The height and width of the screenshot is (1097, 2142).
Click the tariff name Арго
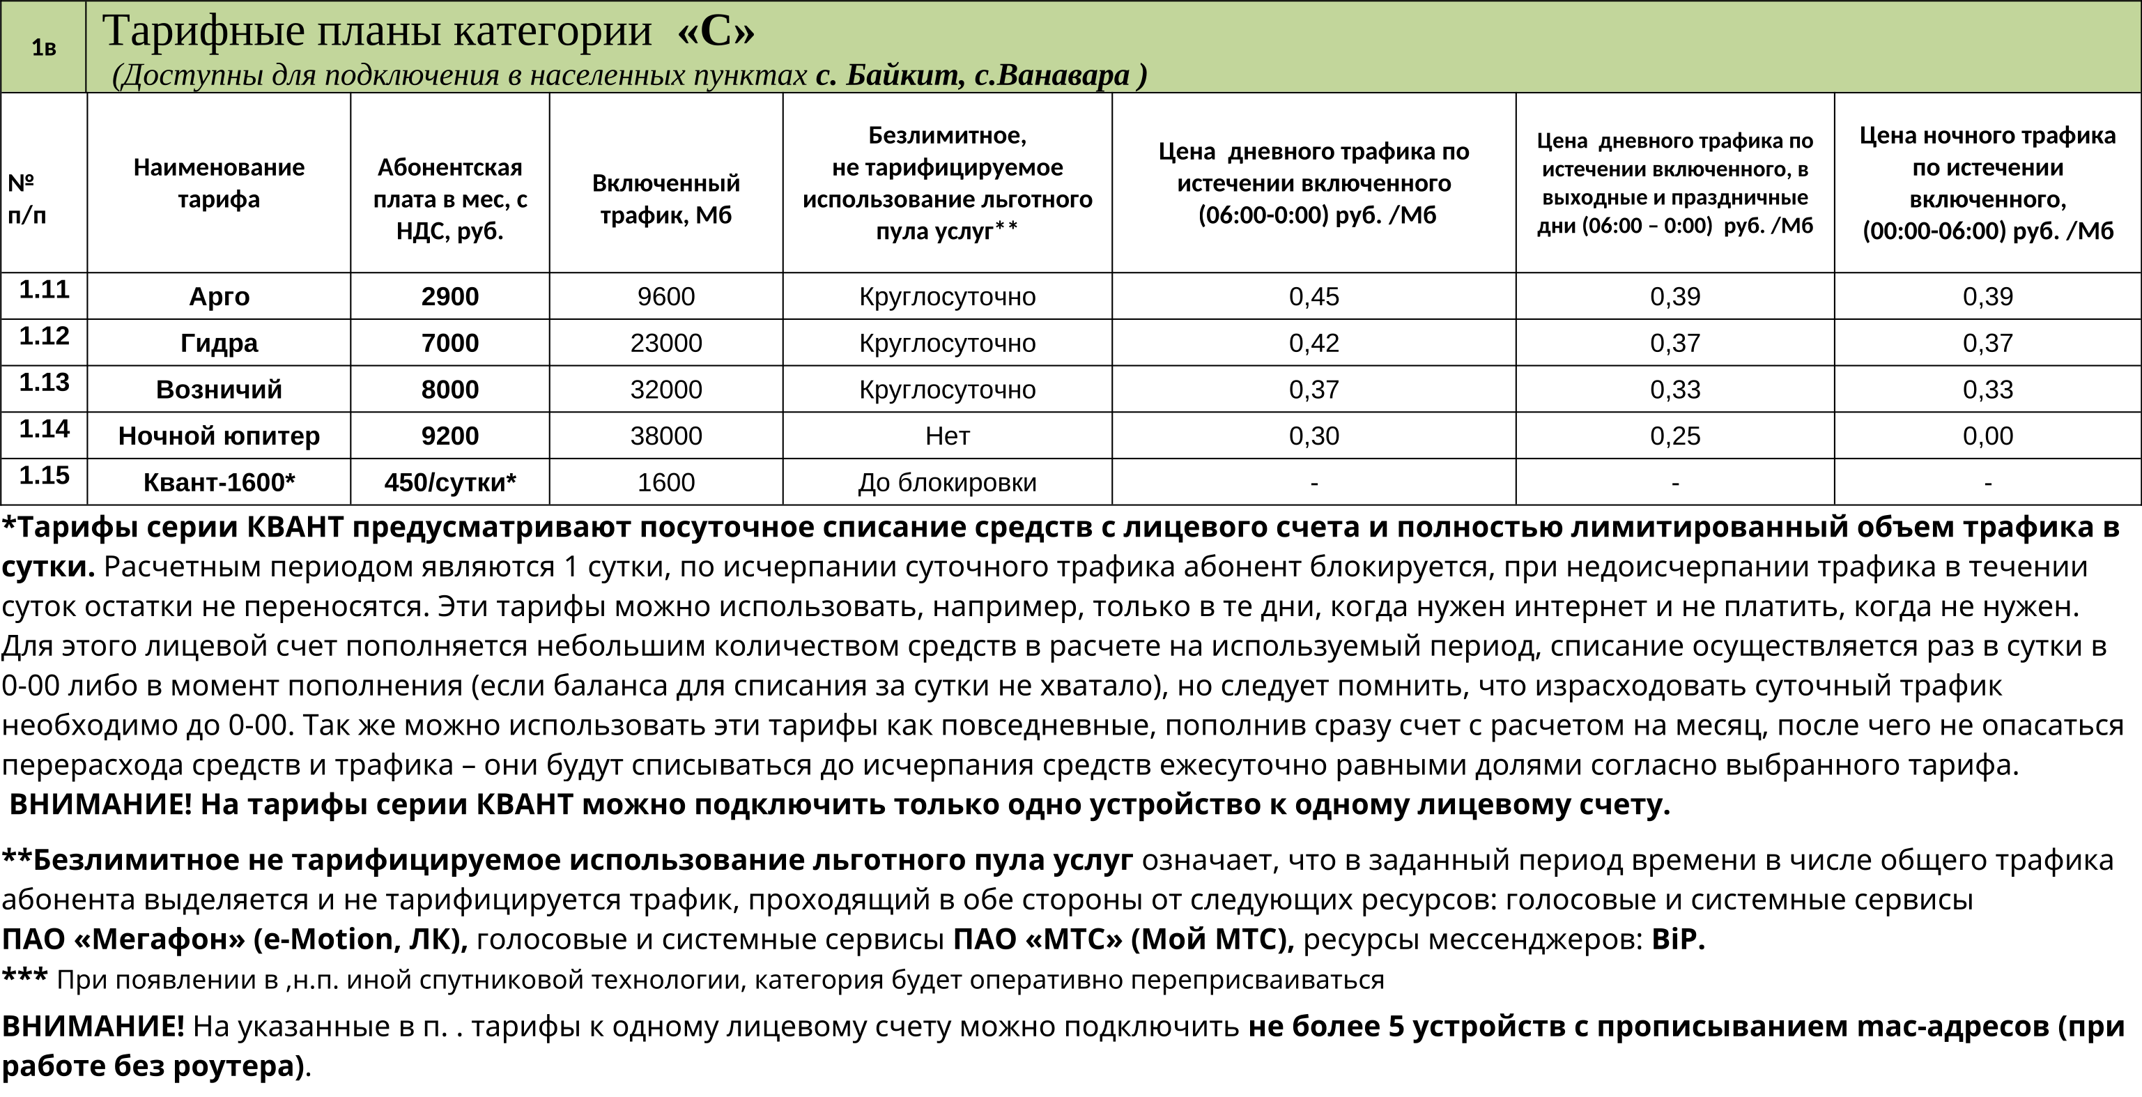pos(219,297)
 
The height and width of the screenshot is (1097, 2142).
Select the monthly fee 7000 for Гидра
pos(450,344)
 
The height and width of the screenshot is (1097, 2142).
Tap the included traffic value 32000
pos(665,390)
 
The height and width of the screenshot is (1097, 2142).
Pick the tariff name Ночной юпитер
pos(219,436)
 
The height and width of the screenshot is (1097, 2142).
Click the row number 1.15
pos(44,476)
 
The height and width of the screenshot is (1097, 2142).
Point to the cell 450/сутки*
pos(450,483)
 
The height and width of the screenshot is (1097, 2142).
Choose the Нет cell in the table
pos(947,436)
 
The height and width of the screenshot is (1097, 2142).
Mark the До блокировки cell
pos(947,483)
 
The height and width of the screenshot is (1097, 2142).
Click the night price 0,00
pos(1987,436)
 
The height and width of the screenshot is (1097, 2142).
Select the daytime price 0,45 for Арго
pos(1313,297)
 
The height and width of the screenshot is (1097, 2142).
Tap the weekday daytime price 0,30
pos(1313,436)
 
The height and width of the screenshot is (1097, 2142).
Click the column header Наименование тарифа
pos(219,183)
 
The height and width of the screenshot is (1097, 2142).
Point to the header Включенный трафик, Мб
pos(665,199)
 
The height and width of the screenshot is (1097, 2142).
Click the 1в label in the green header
pos(43,48)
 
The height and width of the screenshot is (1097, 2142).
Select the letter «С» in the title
pos(717,31)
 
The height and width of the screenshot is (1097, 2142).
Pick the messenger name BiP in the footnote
pos(1677,939)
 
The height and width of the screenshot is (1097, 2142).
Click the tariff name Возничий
pos(219,390)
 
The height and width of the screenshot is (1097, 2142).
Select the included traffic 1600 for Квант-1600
pos(665,483)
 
